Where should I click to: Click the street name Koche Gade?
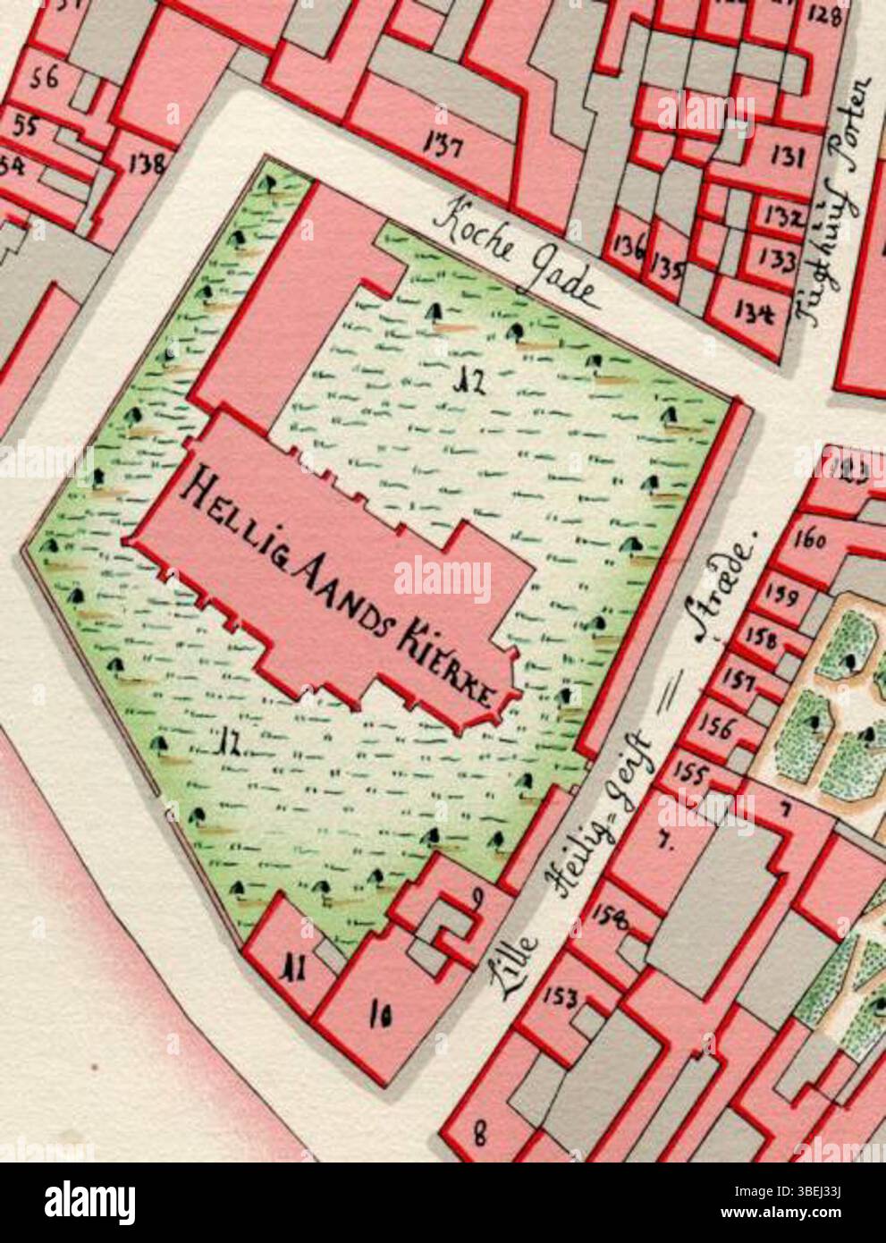518,256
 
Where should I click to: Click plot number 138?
148,164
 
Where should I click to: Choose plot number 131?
788,158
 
